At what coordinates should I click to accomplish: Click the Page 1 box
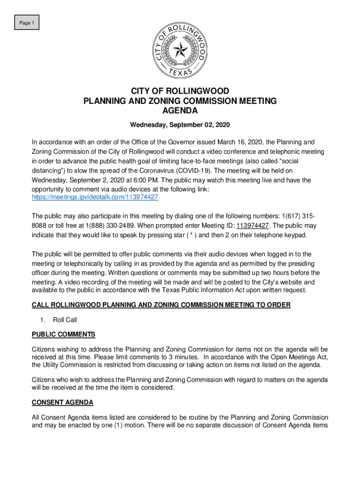pyautogui.click(x=26, y=22)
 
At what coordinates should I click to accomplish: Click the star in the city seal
pyautogui.click(x=180, y=50)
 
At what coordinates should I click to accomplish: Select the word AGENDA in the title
pyautogui.click(x=180, y=111)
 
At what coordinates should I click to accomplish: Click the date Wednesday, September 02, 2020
pyautogui.click(x=180, y=126)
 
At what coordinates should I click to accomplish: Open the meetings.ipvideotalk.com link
pyautogui.click(x=95, y=197)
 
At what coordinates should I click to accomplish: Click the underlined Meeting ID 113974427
pyautogui.click(x=252, y=225)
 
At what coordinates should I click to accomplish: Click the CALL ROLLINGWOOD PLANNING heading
pyautogui.click(x=161, y=305)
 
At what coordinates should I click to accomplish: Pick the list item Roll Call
pyautogui.click(x=65, y=320)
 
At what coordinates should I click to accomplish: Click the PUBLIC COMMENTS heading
pyautogui.click(x=63, y=334)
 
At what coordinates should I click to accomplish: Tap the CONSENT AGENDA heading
pyautogui.click(x=62, y=402)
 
